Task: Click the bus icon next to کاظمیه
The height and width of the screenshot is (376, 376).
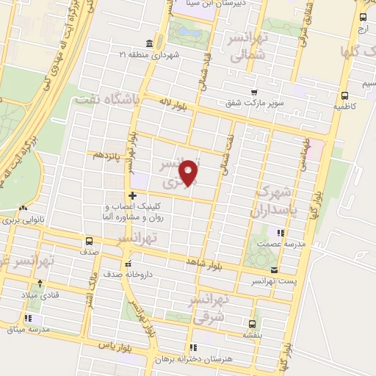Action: click(344, 95)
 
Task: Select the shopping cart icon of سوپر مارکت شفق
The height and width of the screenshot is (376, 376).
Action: click(254, 92)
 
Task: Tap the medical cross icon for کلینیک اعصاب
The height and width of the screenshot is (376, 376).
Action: click(132, 195)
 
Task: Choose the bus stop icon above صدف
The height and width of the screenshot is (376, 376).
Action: click(89, 241)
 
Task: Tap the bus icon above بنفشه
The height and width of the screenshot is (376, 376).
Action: click(253, 323)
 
